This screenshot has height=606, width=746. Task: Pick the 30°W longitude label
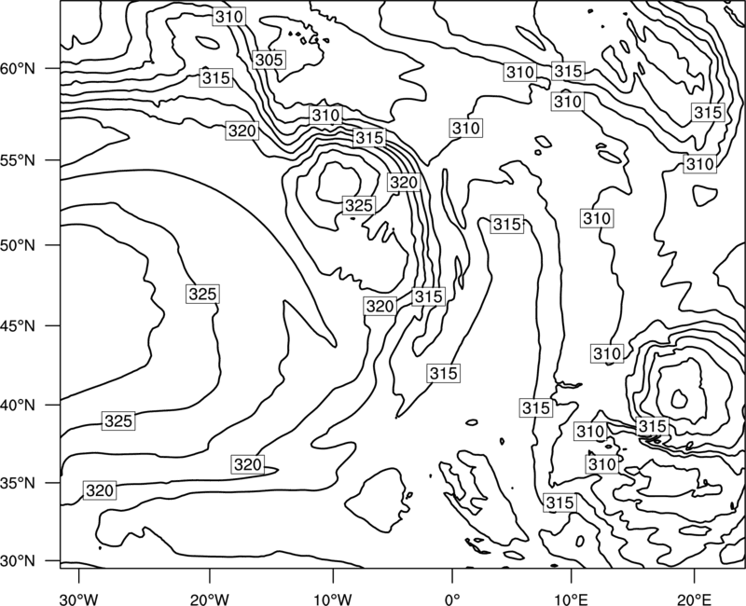79,599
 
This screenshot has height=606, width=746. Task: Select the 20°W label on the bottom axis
209,599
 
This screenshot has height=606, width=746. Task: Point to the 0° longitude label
451,599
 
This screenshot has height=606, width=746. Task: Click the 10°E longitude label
571,599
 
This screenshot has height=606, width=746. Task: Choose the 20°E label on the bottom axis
694,599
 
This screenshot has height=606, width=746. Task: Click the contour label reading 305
269,60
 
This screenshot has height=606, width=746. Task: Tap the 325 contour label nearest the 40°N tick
118,421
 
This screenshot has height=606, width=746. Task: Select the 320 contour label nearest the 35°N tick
100,490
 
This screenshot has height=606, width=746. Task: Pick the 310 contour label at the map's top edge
228,17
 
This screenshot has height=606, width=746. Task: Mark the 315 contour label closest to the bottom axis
560,503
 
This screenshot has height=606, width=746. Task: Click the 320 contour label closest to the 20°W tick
248,464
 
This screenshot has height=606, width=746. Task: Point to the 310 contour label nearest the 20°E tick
602,464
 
